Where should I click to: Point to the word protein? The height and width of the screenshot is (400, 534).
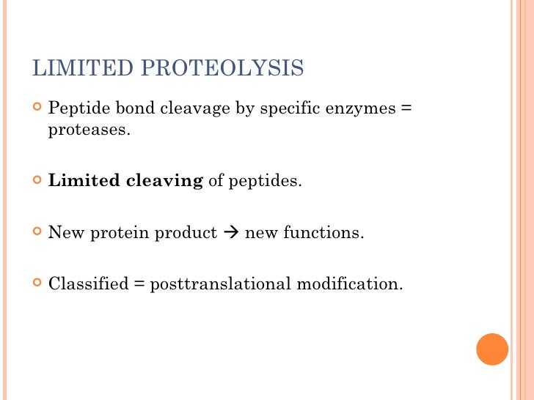coord(117,233)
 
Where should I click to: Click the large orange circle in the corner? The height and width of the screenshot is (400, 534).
coord(492,349)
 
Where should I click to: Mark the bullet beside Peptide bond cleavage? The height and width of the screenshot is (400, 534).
coord(37,108)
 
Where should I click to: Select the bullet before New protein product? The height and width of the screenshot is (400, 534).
coord(37,232)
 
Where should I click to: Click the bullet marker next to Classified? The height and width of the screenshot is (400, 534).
coord(37,283)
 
